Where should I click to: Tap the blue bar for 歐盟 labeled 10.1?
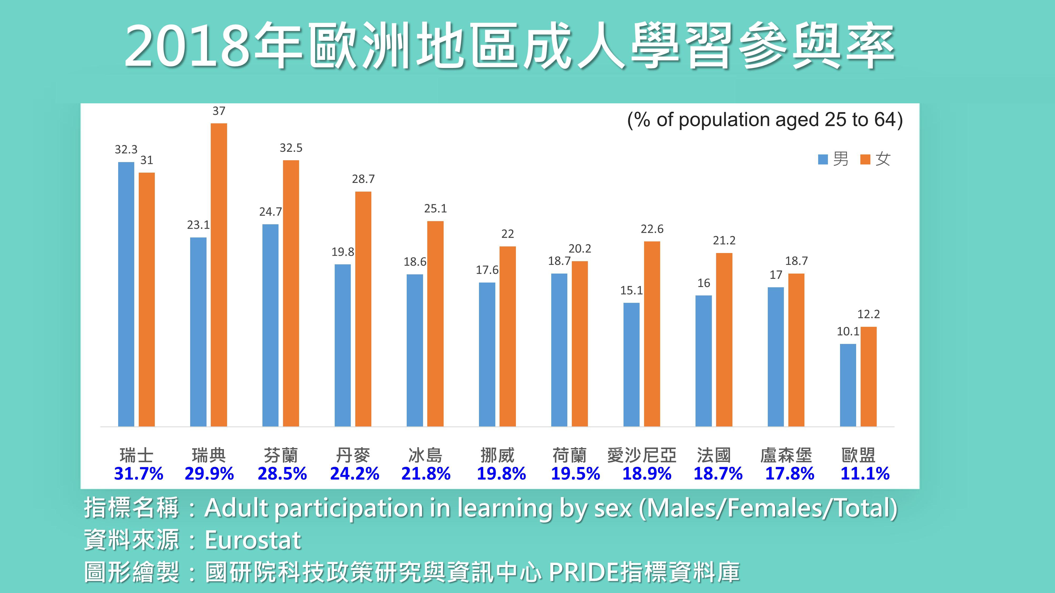point(848,385)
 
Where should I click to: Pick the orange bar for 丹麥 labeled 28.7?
point(363,309)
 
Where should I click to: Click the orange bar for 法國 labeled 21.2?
point(724,340)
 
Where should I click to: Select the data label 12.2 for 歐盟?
point(869,314)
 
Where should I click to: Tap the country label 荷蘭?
point(569,455)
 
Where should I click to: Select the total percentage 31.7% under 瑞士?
point(138,474)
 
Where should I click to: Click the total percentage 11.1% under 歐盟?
point(865,474)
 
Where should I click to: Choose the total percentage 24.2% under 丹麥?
point(355,474)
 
